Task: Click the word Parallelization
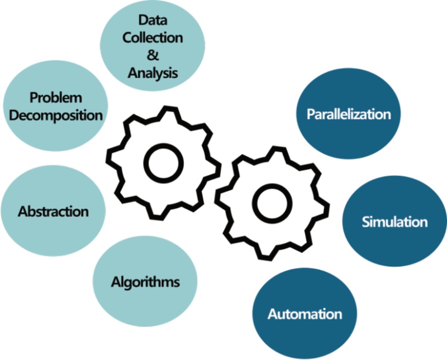(349, 114)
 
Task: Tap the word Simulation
(394, 222)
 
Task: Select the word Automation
(304, 313)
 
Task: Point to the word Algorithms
(145, 281)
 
